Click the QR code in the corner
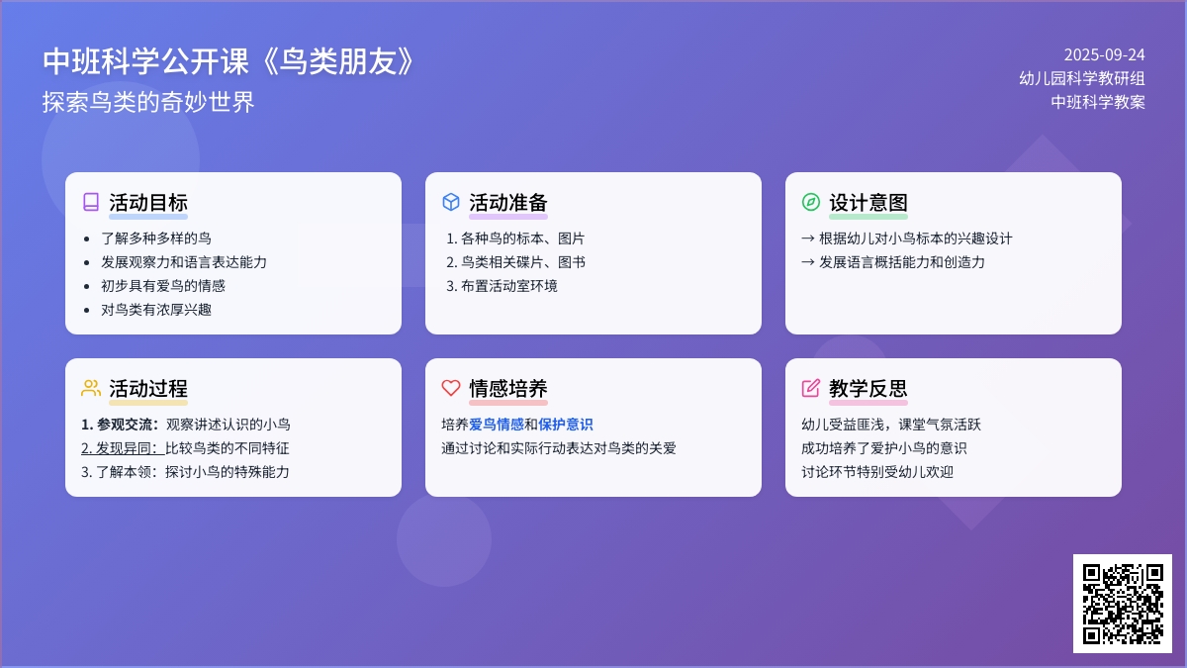tap(1123, 604)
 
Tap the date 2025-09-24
tap(1104, 54)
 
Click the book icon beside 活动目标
tap(91, 202)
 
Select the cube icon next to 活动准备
tap(451, 202)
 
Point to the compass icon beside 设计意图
tap(811, 202)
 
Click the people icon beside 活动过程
tap(91, 388)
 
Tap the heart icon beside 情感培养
tap(451, 388)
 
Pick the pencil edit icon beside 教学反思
tap(811, 388)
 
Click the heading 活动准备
tap(507, 203)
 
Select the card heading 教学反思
tap(868, 389)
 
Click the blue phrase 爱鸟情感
tap(496, 425)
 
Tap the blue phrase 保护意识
tap(566, 425)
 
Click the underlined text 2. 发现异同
tap(123, 448)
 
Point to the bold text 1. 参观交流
tap(120, 425)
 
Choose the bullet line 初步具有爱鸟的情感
tap(163, 286)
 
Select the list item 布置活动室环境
tap(509, 286)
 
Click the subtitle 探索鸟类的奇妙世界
tap(148, 102)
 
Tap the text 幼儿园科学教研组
tap(1081, 78)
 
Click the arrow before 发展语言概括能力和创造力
tap(808, 262)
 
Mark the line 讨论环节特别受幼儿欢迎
tap(877, 472)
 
